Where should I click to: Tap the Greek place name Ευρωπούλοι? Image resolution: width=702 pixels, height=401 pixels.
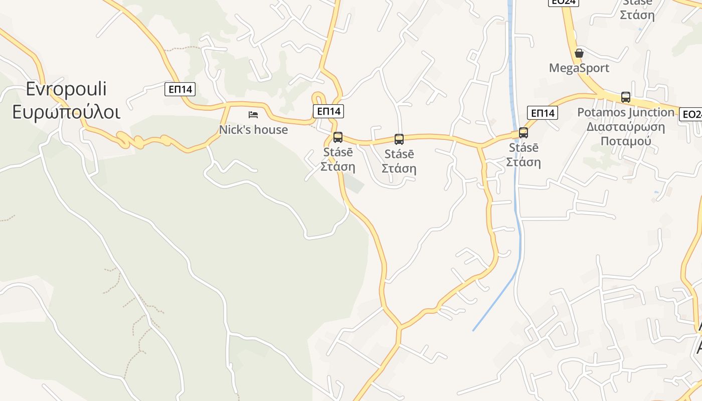66,112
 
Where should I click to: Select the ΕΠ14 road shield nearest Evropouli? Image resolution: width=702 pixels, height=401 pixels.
180,89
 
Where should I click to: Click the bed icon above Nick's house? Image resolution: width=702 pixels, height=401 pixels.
253,115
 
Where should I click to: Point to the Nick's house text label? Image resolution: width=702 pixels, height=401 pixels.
253,130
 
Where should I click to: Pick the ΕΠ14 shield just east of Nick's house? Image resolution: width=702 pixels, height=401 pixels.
328,111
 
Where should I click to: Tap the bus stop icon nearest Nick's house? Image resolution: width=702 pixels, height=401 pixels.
338,137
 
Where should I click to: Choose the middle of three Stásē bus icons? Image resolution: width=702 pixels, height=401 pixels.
399,139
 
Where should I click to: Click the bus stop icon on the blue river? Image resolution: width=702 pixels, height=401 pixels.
523,133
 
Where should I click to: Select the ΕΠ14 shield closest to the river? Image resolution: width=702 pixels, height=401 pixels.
543,113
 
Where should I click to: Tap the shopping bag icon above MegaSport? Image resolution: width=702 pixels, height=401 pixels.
579,53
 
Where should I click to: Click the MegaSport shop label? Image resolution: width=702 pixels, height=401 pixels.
579,68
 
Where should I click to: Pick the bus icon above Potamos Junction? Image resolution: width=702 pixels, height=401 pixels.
626,97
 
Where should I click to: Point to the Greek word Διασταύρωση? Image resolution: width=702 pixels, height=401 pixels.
626,126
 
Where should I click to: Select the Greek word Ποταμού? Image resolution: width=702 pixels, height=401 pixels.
626,141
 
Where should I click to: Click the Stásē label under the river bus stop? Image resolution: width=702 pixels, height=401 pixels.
523,148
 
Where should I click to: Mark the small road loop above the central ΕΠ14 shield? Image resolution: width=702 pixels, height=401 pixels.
317,97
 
